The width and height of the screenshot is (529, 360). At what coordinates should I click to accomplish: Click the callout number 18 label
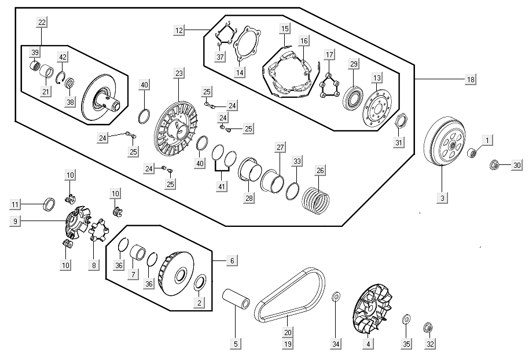pyautogui.click(x=471, y=80)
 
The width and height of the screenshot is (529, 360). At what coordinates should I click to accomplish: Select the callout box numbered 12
pyautogui.click(x=179, y=30)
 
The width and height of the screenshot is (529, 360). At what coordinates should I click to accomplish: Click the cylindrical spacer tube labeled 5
pyautogui.click(x=236, y=298)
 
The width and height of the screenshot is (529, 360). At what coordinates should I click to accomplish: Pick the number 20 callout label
pyautogui.click(x=288, y=333)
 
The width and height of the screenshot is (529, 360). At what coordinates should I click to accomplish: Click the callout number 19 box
pyautogui.click(x=288, y=344)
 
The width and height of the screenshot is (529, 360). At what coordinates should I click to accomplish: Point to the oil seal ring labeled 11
pyautogui.click(x=50, y=204)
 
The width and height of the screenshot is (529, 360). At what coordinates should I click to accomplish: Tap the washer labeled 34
pyautogui.click(x=336, y=296)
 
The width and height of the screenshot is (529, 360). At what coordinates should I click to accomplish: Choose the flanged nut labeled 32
pyautogui.click(x=428, y=327)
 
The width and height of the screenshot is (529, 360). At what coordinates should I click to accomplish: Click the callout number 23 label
pyautogui.click(x=179, y=73)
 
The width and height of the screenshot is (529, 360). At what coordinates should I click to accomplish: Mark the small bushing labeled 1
pyautogui.click(x=472, y=152)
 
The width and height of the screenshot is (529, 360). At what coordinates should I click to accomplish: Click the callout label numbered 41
pyautogui.click(x=222, y=186)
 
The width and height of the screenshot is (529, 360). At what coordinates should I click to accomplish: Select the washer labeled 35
pyautogui.click(x=406, y=319)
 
